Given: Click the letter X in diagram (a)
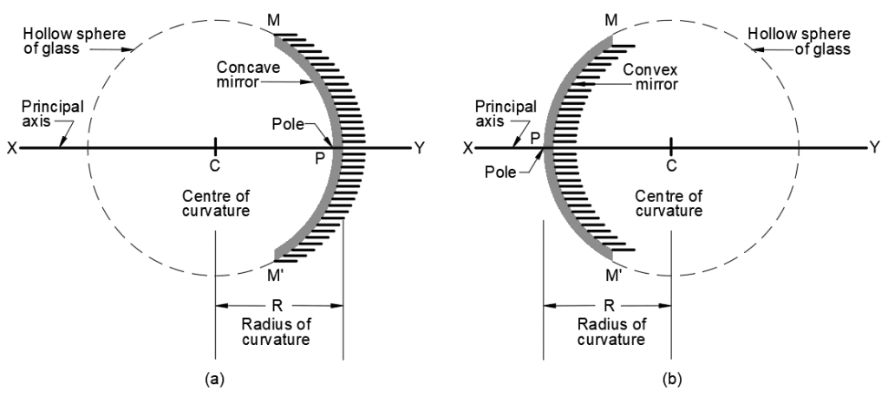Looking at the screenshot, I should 12,148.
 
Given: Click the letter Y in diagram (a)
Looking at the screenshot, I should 420,148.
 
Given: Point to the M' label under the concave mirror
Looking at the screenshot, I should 276,276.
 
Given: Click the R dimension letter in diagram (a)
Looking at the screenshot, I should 278,306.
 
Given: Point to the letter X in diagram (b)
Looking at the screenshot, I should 469,148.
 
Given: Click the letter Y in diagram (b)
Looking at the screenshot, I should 875,148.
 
